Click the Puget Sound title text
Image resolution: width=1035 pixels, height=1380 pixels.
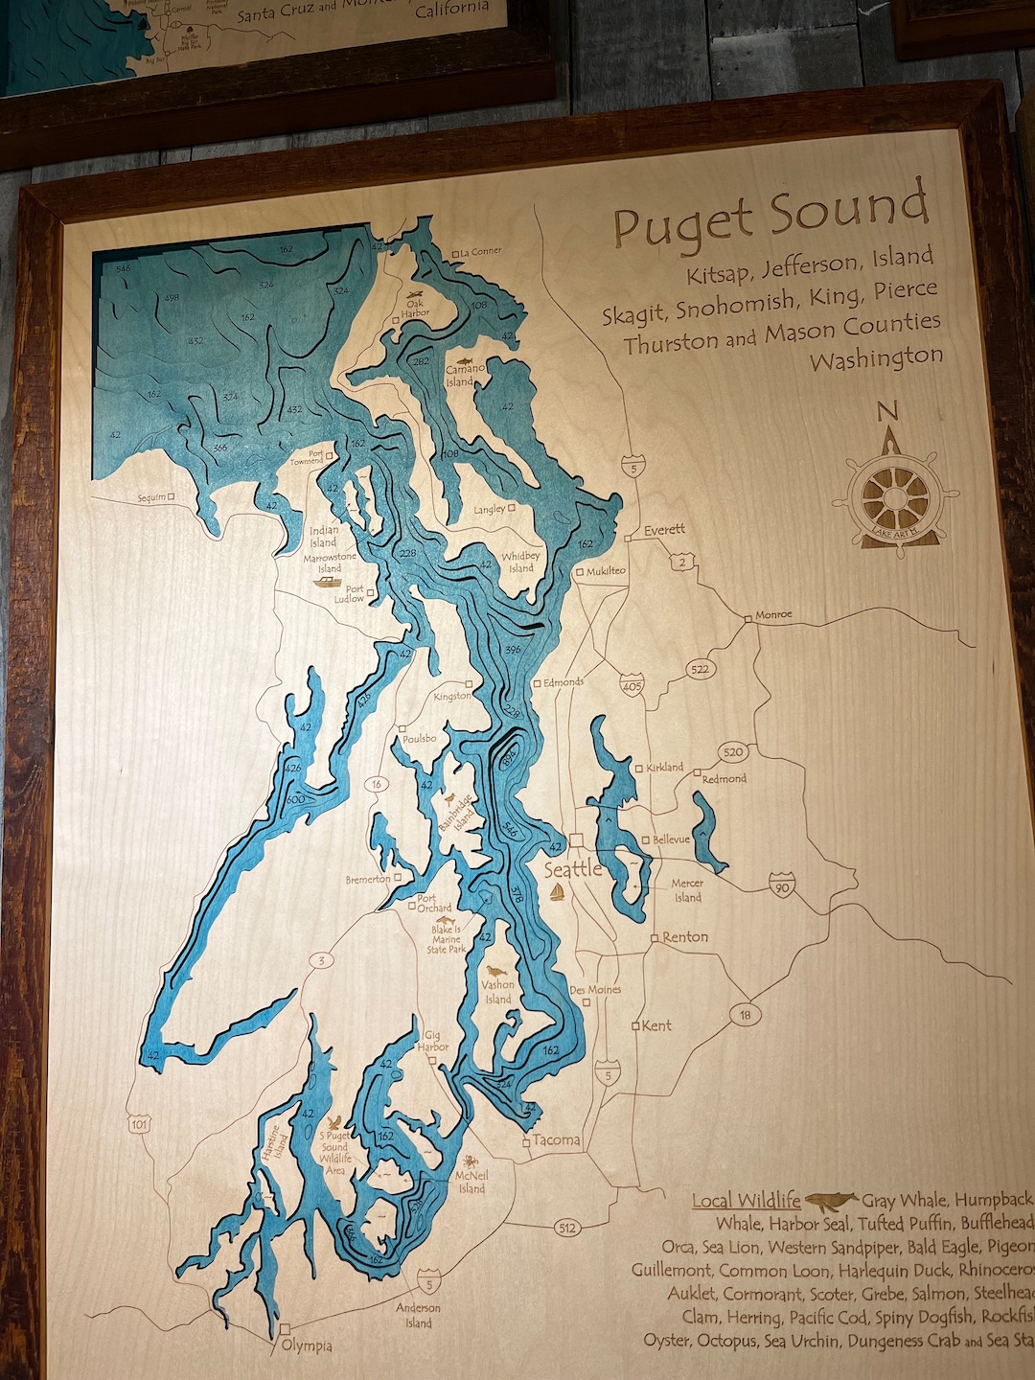(x=771, y=216)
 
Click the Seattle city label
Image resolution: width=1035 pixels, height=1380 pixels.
(x=573, y=869)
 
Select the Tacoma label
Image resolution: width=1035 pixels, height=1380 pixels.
(x=556, y=1140)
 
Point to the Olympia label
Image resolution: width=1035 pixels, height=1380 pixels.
(x=307, y=1345)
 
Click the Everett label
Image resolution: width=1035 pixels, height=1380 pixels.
(x=664, y=530)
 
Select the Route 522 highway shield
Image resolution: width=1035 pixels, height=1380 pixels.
(x=701, y=669)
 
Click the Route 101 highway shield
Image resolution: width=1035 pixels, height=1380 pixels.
(x=140, y=1123)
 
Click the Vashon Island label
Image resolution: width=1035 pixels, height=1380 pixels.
(x=497, y=992)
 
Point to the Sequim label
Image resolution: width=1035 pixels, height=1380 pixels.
(x=151, y=498)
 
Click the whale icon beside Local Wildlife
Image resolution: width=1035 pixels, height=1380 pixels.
(x=830, y=1200)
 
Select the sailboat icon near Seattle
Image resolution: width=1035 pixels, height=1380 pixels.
(x=557, y=892)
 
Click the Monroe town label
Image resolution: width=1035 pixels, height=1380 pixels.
(x=773, y=615)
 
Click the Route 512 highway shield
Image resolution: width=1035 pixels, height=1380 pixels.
(x=566, y=1228)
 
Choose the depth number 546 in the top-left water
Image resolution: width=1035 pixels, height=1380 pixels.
(x=123, y=268)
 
